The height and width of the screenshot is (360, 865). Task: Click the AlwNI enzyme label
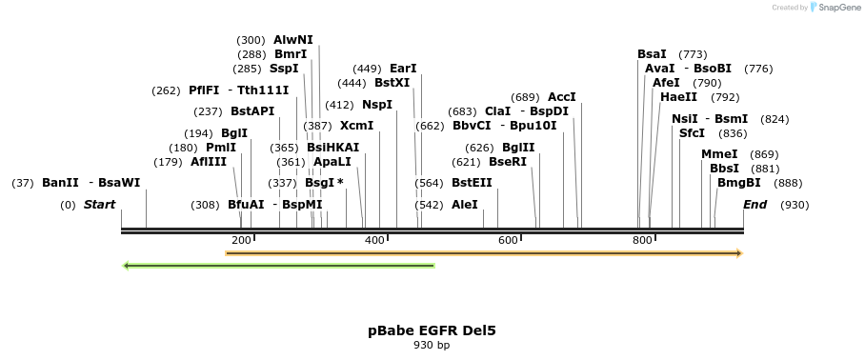(292, 40)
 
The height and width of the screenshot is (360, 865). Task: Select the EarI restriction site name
(403, 69)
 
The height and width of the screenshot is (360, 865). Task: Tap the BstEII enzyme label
(472, 183)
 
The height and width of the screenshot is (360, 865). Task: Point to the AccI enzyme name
(562, 97)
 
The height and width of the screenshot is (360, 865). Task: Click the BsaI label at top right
(652, 54)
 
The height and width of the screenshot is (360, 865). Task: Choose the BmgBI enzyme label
(739, 183)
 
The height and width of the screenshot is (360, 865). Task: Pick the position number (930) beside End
(795, 205)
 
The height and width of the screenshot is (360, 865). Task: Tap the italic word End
(754, 205)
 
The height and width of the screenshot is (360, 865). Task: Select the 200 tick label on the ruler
(241, 240)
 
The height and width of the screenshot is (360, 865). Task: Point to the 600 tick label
(509, 240)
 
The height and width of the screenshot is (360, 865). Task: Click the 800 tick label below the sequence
(642, 240)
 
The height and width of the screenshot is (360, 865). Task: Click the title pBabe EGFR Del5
(432, 330)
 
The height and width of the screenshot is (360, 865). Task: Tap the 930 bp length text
(432, 346)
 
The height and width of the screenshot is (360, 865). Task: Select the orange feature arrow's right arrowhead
(737, 253)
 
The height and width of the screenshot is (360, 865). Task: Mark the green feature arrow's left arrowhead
(128, 266)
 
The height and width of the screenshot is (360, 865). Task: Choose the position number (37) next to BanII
(23, 183)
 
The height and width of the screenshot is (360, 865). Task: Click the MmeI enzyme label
(719, 154)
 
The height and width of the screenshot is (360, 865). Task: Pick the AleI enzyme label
(465, 205)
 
